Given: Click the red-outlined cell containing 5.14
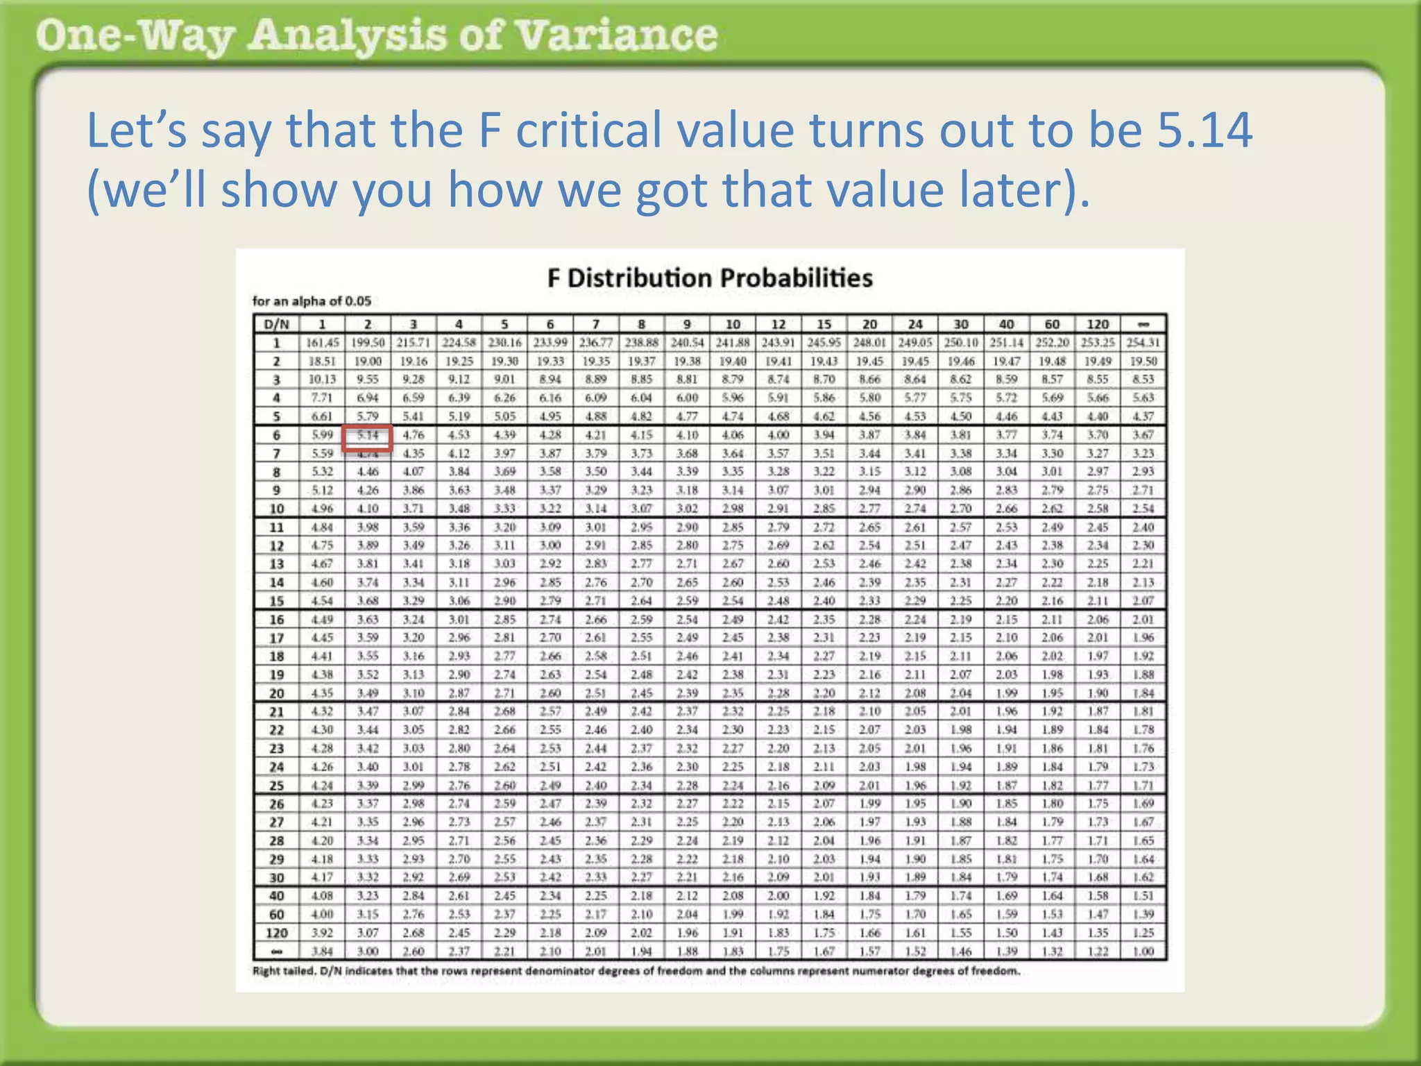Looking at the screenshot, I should click(x=368, y=436).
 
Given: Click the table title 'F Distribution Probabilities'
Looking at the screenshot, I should click(x=709, y=278).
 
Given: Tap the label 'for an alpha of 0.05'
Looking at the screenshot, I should click(x=312, y=301).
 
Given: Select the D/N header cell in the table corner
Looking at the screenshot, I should click(x=276, y=324).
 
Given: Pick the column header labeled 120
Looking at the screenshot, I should click(x=1098, y=324).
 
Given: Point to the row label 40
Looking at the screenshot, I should click(x=276, y=896).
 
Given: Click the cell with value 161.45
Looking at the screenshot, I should click(x=322, y=343).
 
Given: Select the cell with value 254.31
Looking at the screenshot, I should click(x=1143, y=343).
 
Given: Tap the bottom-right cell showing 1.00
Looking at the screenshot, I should click(x=1143, y=951).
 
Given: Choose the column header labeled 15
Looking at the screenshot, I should click(x=824, y=324).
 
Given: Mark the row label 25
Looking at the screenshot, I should click(x=276, y=786).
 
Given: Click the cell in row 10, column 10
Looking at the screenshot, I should click(x=733, y=509).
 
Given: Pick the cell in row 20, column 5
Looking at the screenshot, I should click(x=504, y=693).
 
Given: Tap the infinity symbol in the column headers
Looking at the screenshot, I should click(x=1143, y=324).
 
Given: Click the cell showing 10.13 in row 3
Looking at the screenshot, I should click(x=322, y=380).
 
